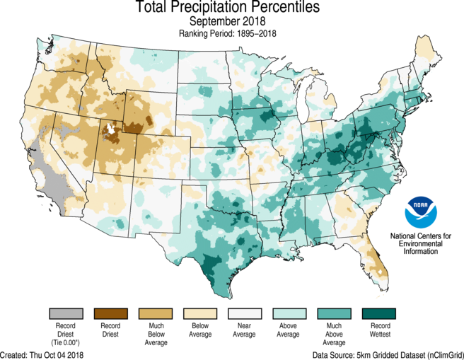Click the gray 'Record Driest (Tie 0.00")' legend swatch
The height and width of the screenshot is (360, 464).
66,313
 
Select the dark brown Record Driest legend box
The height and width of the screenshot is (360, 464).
110,313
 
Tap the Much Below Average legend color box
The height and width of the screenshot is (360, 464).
156,313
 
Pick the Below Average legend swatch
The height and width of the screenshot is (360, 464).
200,313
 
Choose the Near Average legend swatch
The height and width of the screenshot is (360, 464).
245,313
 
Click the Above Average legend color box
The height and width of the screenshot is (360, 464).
289,313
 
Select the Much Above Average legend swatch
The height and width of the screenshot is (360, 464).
334,313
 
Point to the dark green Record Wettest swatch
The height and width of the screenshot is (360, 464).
379,313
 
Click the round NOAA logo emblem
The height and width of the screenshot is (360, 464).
420,212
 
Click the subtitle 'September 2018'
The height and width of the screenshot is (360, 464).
227,21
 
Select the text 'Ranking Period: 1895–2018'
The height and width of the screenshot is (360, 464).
227,33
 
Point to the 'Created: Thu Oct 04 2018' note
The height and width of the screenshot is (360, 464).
42,354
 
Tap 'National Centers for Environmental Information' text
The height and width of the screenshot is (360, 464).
420,243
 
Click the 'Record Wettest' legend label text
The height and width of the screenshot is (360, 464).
381,330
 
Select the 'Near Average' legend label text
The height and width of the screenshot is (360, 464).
244,330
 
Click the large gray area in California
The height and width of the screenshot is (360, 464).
52,180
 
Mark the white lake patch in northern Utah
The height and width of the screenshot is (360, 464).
110,128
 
